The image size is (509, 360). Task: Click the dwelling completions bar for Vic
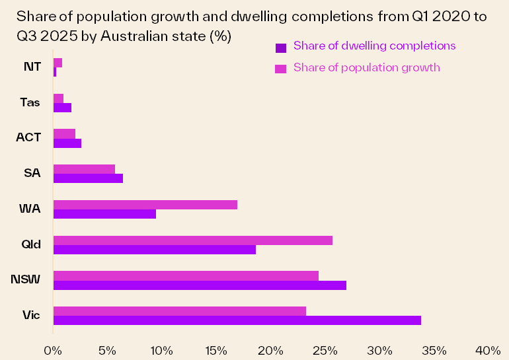pyautogui.click(x=237, y=320)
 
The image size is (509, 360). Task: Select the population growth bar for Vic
pyautogui.click(x=179, y=311)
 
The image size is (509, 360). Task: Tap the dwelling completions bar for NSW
pyautogui.click(x=200, y=285)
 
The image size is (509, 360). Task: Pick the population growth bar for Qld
pyautogui.click(x=192, y=240)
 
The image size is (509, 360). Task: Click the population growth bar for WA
pyautogui.click(x=145, y=205)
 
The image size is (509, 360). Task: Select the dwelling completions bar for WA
pyautogui.click(x=104, y=214)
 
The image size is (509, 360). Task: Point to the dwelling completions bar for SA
pyautogui.click(x=88, y=178)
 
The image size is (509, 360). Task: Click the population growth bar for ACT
pyautogui.click(x=64, y=133)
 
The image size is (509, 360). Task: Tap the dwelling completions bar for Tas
pyautogui.click(x=62, y=108)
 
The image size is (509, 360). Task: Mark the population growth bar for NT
pyautogui.click(x=58, y=63)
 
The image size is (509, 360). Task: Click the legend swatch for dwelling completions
pyautogui.click(x=280, y=47)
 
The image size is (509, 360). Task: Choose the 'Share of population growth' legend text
pyautogui.click(x=366, y=67)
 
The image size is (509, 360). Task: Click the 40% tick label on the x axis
pyautogui.click(x=488, y=349)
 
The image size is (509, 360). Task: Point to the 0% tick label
pyautogui.click(x=53, y=349)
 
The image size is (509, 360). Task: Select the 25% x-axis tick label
pyautogui.click(x=325, y=349)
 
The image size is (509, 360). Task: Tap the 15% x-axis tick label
pyautogui.click(x=216, y=349)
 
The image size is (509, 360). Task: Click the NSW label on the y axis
pyautogui.click(x=25, y=280)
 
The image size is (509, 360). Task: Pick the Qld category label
pyautogui.click(x=30, y=244)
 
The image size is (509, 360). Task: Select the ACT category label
pyautogui.click(x=28, y=137)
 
